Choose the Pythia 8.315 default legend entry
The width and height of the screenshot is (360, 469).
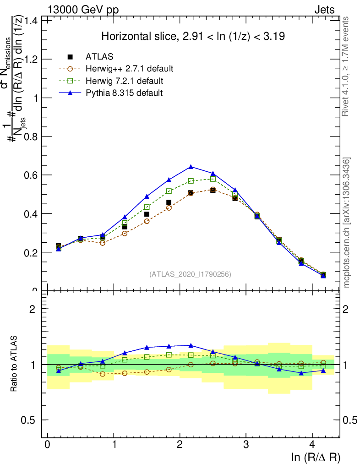point(124,93)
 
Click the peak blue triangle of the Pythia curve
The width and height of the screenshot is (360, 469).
point(191,166)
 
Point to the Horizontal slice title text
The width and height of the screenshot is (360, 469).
point(193,37)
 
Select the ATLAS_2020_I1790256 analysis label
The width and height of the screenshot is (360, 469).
point(190,274)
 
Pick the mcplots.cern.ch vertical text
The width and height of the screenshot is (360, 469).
point(347,223)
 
